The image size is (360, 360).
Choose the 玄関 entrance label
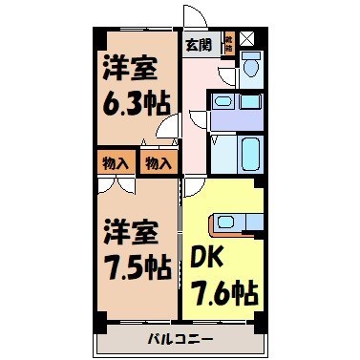(199, 44)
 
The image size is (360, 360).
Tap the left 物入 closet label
(114, 162)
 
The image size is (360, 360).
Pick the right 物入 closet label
(158, 162)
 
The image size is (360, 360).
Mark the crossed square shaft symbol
(247, 39)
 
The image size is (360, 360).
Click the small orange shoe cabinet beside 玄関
(228, 43)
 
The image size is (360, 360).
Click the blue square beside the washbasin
(250, 101)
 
